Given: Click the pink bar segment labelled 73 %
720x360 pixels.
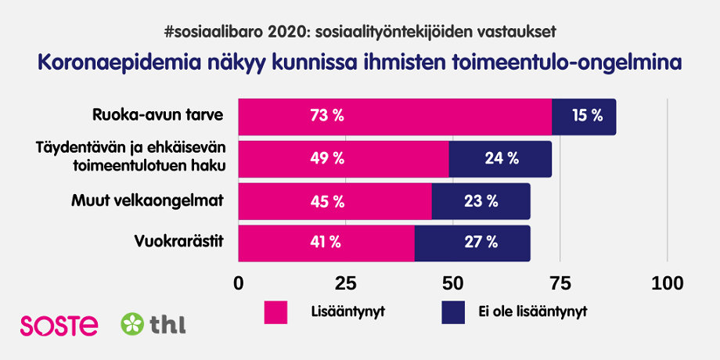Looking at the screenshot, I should (395, 117).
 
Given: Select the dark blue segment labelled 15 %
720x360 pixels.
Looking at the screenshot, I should (584, 117).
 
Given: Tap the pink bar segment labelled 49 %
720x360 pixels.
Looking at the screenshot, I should (344, 159).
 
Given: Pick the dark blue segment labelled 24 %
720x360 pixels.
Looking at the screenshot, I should (500, 159).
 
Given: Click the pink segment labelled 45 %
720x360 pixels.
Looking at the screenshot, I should (335, 201).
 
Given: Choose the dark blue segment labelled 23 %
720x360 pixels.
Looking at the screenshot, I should (481, 201).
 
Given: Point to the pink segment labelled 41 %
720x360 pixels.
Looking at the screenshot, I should (326, 243).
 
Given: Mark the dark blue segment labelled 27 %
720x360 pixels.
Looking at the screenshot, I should (472, 243).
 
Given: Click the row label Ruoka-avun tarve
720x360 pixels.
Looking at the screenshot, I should (157, 116).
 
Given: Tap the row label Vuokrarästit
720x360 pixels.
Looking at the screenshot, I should (180, 242).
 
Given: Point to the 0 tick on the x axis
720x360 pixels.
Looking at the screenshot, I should (239, 283).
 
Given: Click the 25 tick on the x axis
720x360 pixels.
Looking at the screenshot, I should (346, 283).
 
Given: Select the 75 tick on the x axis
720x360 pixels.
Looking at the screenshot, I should (560, 283).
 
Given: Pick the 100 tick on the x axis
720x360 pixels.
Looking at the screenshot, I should (667, 283).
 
